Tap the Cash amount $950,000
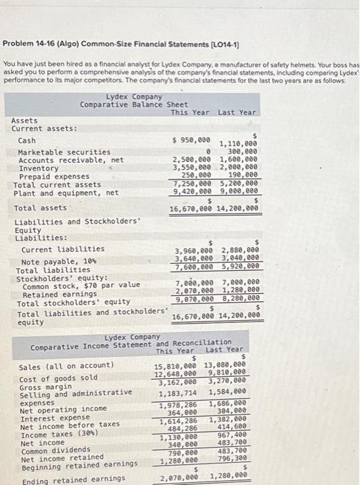(191, 140)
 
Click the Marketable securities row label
(64, 152)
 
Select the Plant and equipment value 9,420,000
(191, 193)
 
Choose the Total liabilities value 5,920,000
(240, 265)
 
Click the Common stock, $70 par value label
(81, 285)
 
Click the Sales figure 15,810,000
(174, 365)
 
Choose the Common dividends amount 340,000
(181, 445)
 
